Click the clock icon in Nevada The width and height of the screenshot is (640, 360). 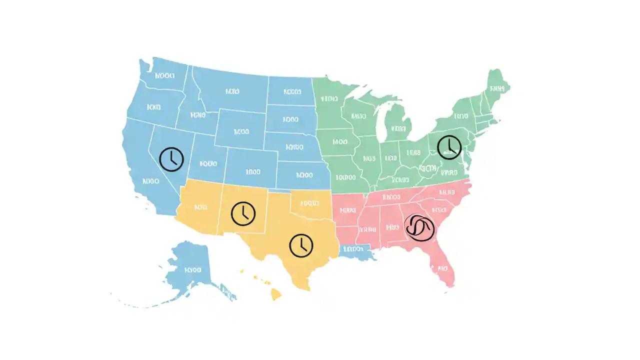tap(171, 159)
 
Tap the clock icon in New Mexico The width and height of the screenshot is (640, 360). tap(243, 213)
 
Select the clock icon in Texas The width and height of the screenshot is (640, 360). tap(301, 245)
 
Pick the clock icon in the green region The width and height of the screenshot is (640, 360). tap(449, 147)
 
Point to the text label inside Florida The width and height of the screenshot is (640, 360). tap(442, 268)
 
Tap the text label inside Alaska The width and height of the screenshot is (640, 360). tap(192, 270)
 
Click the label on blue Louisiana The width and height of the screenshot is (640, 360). tap(354, 248)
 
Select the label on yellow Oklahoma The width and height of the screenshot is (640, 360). tap(309, 203)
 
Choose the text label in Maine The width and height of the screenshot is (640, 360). tap(497, 88)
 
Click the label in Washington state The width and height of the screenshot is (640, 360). tap(164, 76)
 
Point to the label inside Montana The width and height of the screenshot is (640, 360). tap(232, 91)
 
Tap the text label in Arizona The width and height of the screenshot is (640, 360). tap(200, 206)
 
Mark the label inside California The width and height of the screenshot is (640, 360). tap(150, 181)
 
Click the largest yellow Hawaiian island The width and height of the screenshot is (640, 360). tap(276, 294)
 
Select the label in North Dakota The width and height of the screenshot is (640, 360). tap(292, 91)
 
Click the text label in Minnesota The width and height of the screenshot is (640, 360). tap(330, 98)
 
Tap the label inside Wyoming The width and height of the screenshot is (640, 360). tap(241, 132)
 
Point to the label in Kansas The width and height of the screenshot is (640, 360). tap(304, 175)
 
